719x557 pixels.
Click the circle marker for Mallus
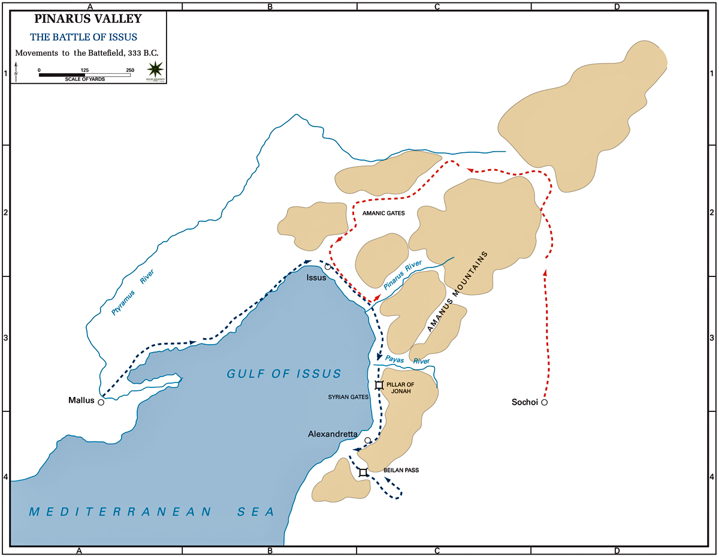pos(101,402)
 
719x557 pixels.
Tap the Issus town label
pos(316,278)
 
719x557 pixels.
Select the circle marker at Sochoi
pos(544,402)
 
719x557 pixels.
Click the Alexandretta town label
pos(333,433)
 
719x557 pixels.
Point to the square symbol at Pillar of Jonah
pos(379,385)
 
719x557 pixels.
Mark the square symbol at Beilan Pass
pos(363,472)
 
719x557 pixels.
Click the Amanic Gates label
pos(383,213)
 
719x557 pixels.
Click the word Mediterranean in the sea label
pos(120,511)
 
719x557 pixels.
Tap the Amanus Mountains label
pos(458,291)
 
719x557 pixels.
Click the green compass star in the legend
pos(156,69)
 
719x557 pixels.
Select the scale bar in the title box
pos(84,75)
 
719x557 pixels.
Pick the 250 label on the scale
pos(130,70)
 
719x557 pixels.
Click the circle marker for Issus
pos(328,266)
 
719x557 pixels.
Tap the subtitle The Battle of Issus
pos(84,37)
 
